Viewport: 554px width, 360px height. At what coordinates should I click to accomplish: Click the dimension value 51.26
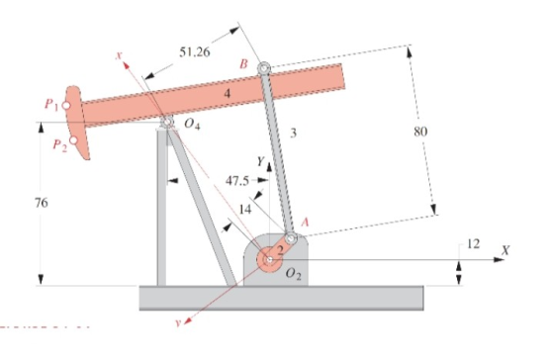[195, 52]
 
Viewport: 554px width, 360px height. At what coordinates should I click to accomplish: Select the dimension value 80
[420, 132]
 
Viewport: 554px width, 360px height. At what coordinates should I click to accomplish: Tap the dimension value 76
[41, 203]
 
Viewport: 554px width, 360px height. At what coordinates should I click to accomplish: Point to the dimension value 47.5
[236, 181]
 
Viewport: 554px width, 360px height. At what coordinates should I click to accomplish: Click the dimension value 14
[245, 210]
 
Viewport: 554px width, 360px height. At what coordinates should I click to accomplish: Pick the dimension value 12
[474, 243]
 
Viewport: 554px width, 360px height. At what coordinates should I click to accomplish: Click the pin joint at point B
[264, 68]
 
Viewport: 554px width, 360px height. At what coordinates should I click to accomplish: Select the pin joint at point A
[291, 238]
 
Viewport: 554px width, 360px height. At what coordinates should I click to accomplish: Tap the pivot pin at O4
[167, 122]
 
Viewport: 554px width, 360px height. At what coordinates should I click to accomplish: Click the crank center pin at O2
[269, 260]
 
